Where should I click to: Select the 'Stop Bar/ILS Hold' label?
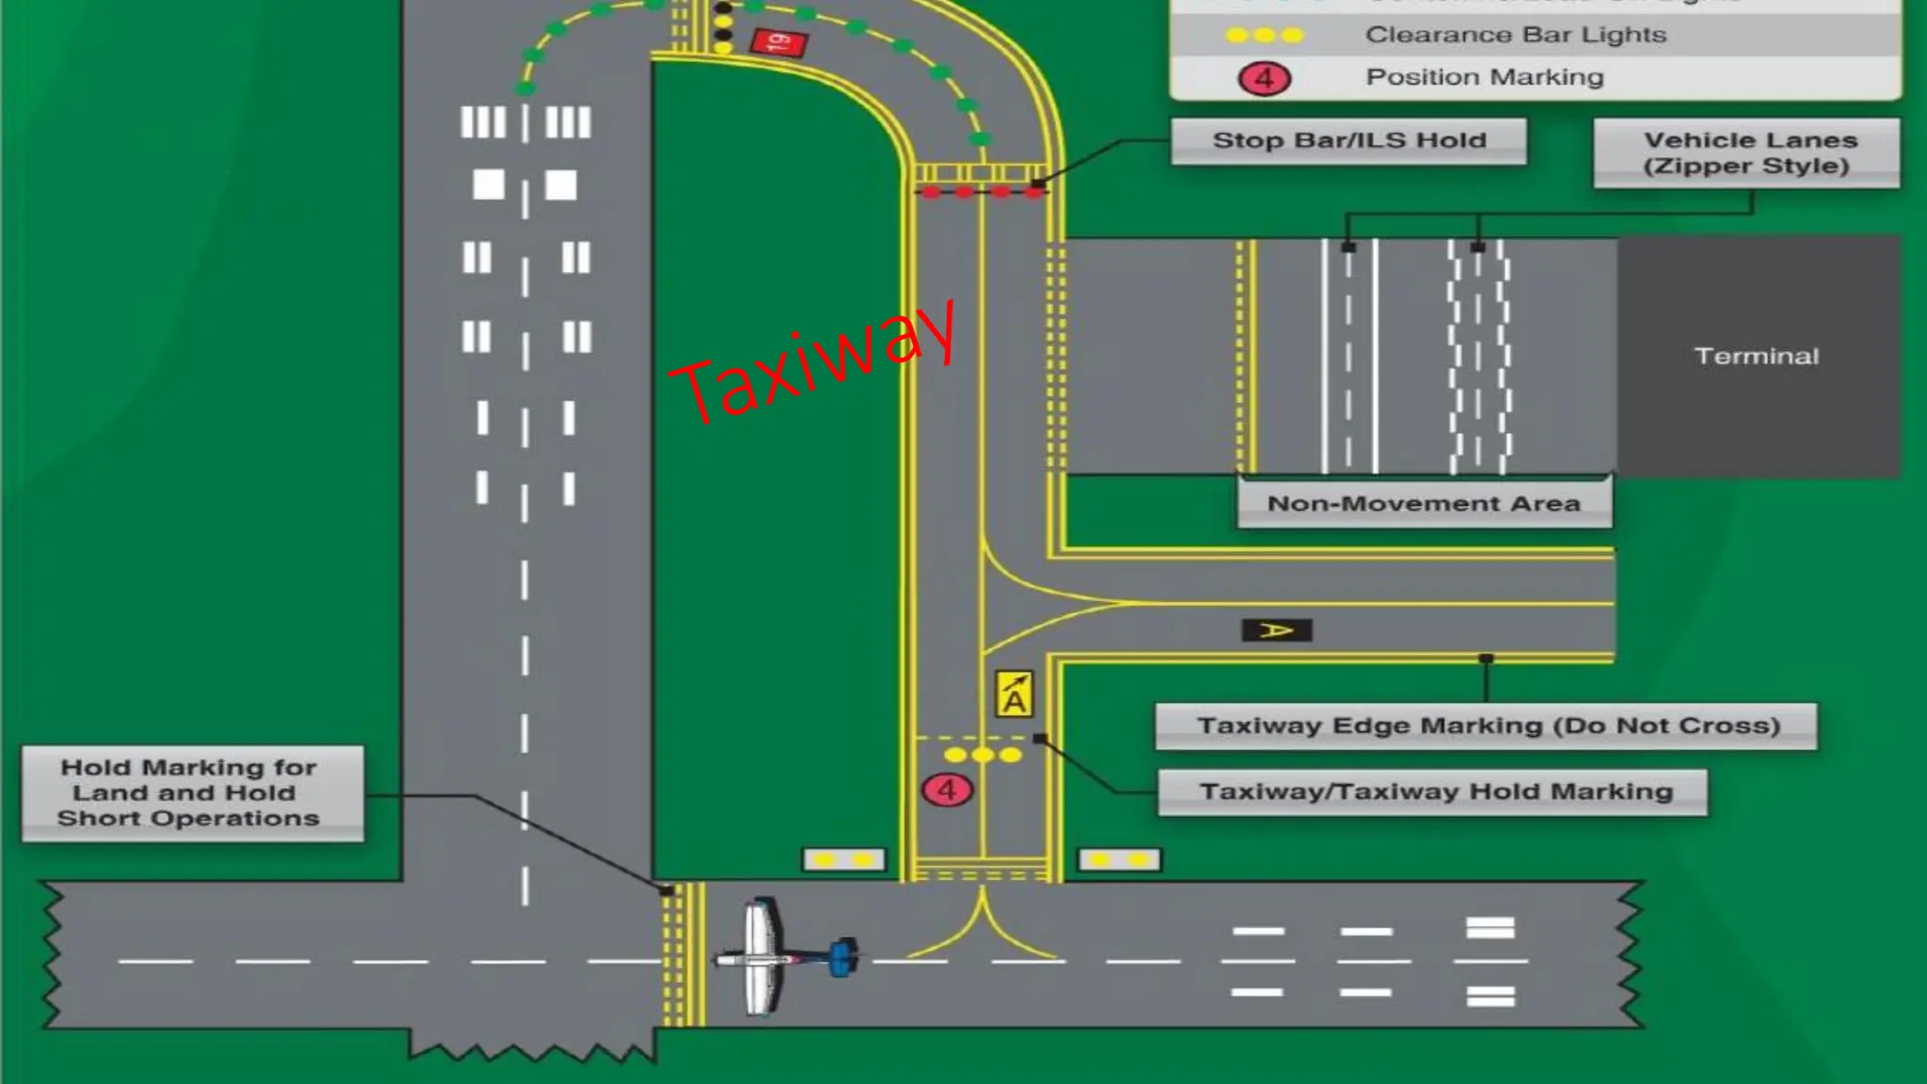[1348, 141]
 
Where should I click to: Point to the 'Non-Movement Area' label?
[1424, 503]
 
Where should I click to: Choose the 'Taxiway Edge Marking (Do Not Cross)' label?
[1488, 725]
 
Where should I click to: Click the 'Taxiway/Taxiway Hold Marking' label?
[1435, 791]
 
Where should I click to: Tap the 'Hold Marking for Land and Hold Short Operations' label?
[189, 792]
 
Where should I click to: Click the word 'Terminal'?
[1756, 357]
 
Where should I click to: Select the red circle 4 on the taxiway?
[947, 789]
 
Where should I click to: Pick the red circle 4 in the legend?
[1264, 78]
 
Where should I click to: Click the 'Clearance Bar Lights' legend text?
[1515, 35]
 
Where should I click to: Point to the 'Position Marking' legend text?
[1484, 77]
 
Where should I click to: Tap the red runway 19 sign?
[778, 42]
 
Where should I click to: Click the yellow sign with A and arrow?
[1014, 694]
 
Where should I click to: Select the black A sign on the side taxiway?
[1277, 630]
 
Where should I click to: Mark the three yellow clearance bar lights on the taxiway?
[982, 755]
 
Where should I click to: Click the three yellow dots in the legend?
[1264, 35]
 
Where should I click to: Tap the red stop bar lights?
[982, 192]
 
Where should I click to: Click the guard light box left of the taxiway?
[843, 859]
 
